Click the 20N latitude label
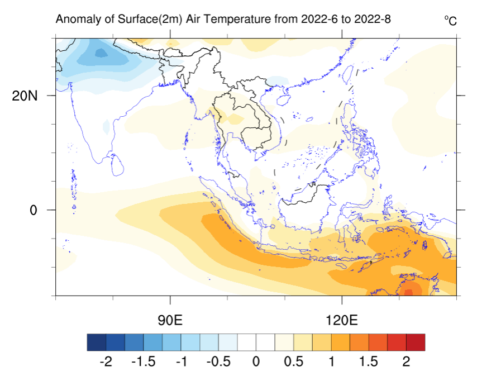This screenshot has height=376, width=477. point(25,96)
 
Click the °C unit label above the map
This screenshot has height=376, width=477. point(450,21)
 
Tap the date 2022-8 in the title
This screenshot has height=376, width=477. point(371,20)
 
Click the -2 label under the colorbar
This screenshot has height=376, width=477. point(105,361)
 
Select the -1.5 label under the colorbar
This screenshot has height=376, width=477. point(142,361)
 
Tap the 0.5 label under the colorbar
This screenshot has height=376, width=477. point(294,361)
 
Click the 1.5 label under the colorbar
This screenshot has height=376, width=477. point(369,361)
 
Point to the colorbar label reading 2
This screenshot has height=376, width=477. point(406,361)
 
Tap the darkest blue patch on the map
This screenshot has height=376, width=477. point(101,53)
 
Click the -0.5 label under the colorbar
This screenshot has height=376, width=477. point(218,361)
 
